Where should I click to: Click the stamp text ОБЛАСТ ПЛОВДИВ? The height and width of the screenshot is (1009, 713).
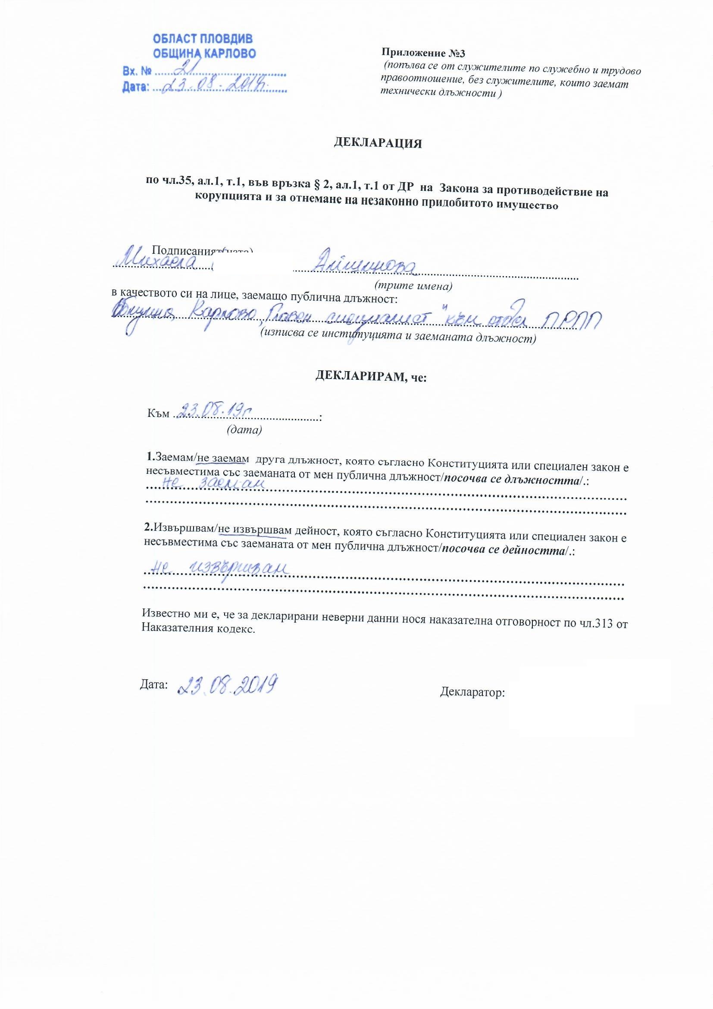coord(203,39)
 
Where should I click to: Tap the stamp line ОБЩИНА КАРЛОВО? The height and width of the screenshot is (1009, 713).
coord(204,54)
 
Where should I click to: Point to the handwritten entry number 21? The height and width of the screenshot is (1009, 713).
coord(186,68)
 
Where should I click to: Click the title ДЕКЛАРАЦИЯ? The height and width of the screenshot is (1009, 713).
coord(378,143)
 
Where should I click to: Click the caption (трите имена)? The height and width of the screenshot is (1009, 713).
coord(413,286)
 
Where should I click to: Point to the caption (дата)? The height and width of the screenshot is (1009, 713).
coord(244,430)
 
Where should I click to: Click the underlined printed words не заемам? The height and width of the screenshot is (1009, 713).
coord(220,458)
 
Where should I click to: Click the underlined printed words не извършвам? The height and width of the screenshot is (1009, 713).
coord(255,531)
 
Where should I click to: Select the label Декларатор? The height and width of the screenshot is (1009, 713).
coord(472,693)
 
